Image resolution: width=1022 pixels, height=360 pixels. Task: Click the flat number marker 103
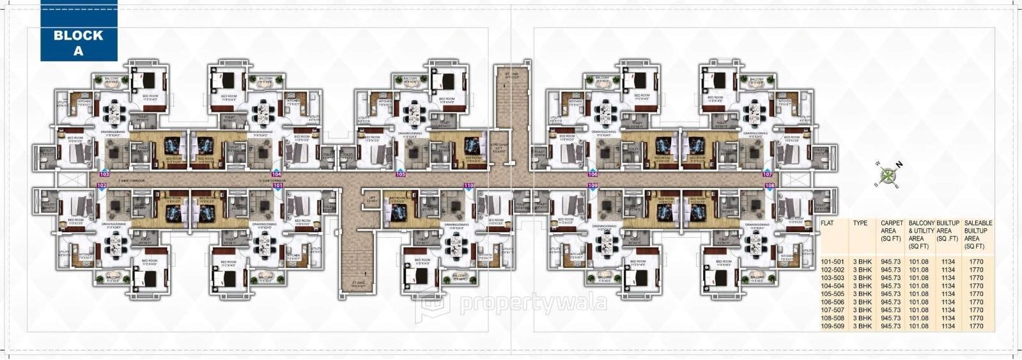[105, 174]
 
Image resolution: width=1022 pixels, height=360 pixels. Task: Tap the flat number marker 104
[276, 174]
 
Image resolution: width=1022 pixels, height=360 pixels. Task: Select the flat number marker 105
[401, 174]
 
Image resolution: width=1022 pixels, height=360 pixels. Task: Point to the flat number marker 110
[469, 185]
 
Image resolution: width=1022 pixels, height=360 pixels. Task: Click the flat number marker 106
[592, 174]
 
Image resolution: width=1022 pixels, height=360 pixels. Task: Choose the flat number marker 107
[768, 174]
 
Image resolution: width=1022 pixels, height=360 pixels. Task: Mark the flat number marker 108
[770, 185]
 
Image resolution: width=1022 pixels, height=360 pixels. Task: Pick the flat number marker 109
[592, 185]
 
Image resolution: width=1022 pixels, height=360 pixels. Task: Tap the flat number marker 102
[101, 185]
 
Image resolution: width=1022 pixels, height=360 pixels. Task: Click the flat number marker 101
[278, 185]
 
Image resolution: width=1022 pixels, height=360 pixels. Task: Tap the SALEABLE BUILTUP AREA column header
[976, 235]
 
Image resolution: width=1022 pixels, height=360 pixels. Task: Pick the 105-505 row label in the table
[833, 294]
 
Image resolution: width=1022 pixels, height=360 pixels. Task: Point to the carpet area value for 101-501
[892, 262]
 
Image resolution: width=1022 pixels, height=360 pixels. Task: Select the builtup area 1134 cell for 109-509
[948, 326]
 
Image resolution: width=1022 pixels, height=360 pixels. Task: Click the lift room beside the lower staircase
[371, 200]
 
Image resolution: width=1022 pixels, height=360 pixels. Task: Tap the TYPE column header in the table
[860, 224]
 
